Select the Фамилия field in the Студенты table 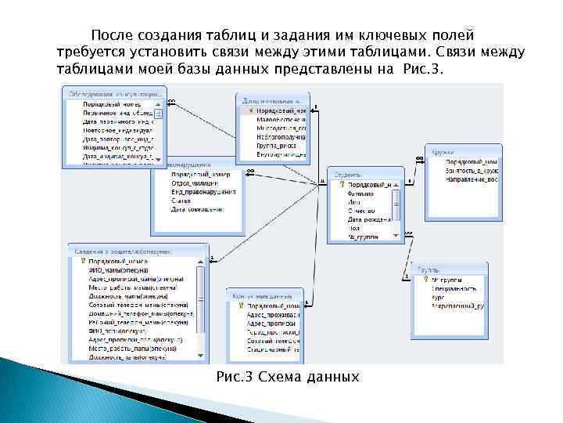click(x=361, y=193)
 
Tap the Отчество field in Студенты click(x=361, y=211)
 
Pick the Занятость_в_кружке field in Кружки click(x=472, y=170)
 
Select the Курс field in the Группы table click(x=439, y=297)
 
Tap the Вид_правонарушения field click(x=203, y=192)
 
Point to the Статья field click(x=181, y=201)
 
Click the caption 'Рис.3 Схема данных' click(x=287, y=378)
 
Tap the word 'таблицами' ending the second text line click(x=476, y=52)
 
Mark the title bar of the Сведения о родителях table click(x=132, y=249)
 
